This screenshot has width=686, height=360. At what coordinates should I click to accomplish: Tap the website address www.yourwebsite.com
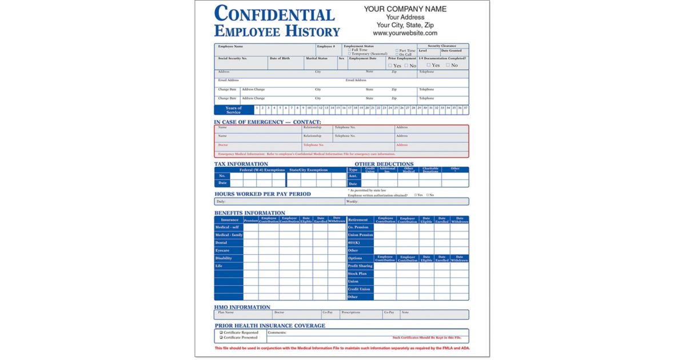tap(405, 33)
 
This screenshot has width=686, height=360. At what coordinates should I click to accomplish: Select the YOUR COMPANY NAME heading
tap(405, 9)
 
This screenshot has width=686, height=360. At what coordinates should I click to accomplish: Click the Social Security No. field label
tap(232, 58)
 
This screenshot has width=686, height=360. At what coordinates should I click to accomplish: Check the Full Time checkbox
tap(350, 50)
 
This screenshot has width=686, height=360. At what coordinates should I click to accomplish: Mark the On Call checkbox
tap(397, 54)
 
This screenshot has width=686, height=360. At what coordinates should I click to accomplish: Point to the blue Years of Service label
tap(234, 110)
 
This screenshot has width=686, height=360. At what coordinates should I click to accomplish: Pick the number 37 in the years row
tap(466, 107)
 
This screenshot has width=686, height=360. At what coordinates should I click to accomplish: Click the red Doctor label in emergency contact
tap(223, 145)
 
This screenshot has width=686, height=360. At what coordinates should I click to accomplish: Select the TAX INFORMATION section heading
tap(241, 164)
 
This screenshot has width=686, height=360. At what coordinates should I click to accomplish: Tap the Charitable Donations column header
tap(430, 170)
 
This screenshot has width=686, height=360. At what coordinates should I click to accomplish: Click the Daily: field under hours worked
tap(221, 202)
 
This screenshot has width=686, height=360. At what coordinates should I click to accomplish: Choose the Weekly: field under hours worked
tap(352, 202)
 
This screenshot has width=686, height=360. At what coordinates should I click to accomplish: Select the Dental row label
tap(221, 243)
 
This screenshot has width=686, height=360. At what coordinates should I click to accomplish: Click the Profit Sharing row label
tap(360, 266)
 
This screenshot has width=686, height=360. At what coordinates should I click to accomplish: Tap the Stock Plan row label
tap(357, 274)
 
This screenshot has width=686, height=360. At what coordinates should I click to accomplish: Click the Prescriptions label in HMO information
tap(351, 313)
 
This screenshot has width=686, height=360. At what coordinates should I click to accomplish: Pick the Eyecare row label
tap(222, 250)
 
